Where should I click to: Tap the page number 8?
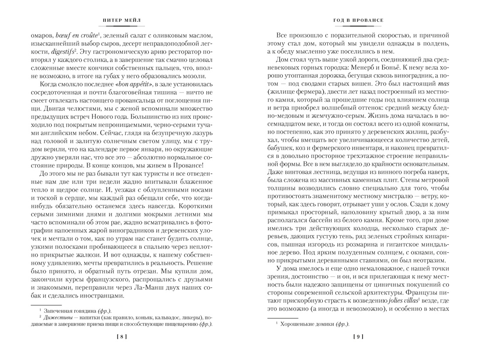pos(119,336)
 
